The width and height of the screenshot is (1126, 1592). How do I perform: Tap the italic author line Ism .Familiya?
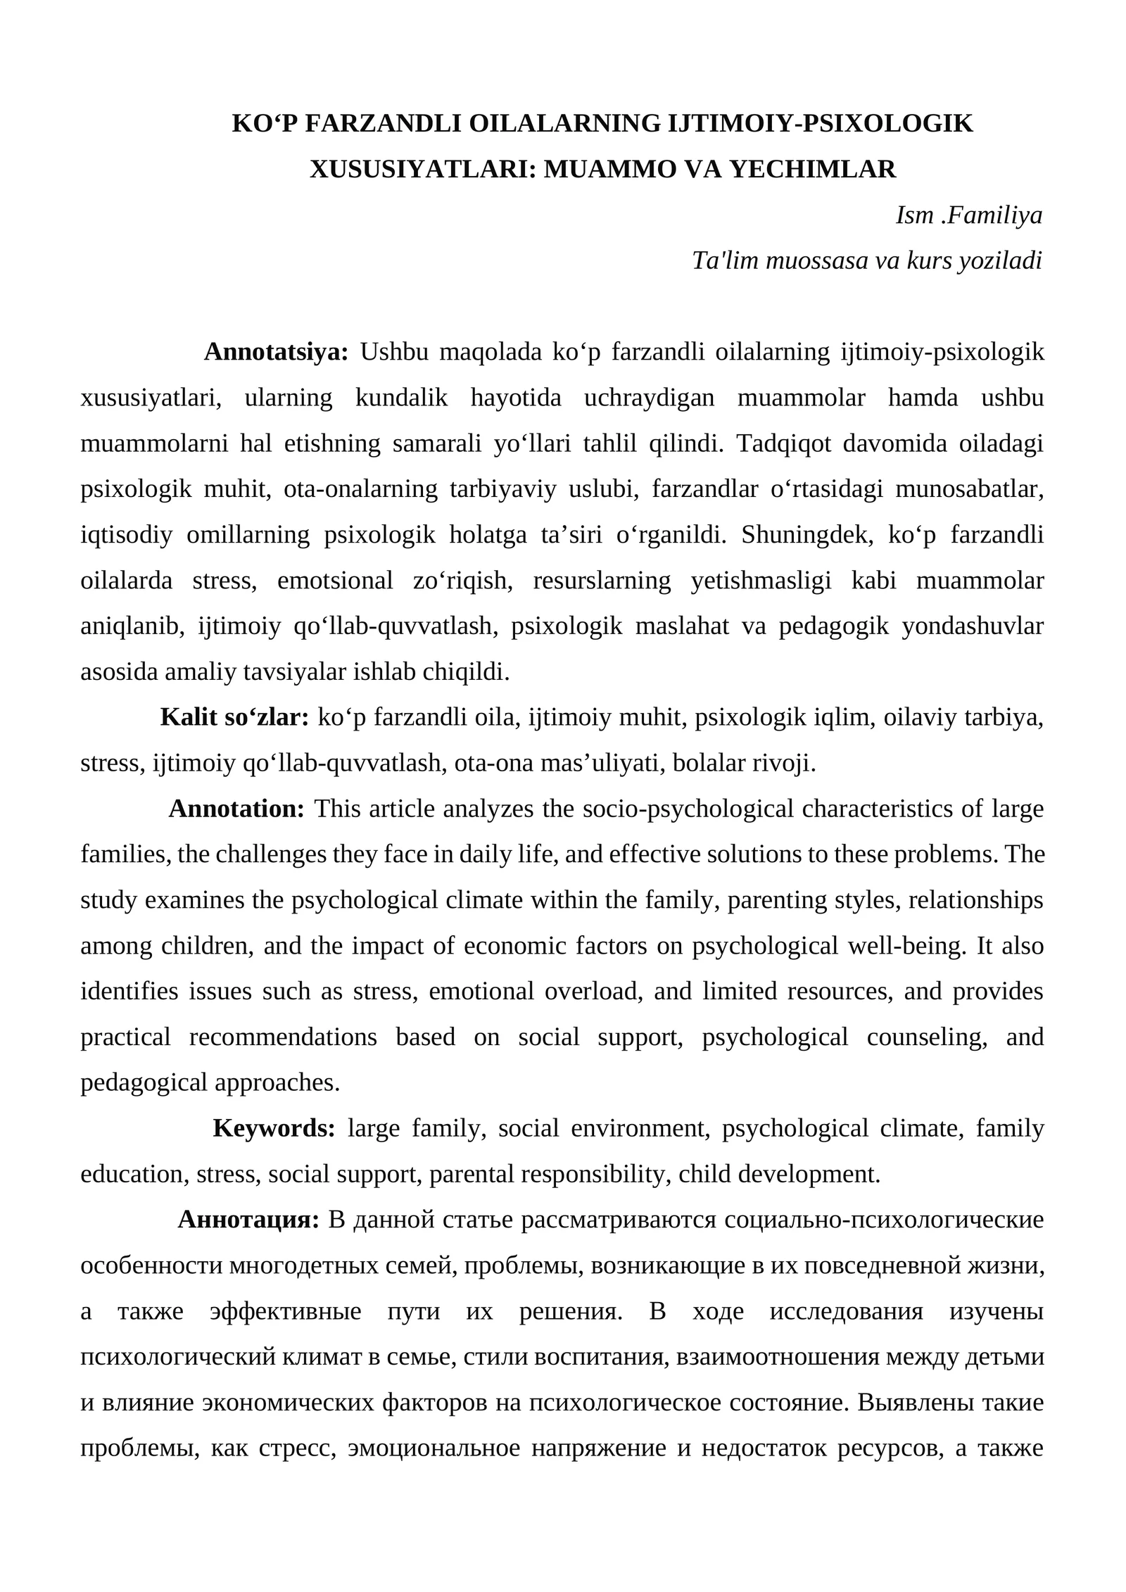coord(968,215)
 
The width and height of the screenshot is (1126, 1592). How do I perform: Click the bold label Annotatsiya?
coord(276,352)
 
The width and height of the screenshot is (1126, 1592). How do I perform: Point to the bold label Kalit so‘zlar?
coord(234,717)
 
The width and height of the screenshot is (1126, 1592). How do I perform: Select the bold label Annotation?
coord(236,809)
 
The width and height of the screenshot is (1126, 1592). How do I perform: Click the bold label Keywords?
coord(274,1128)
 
